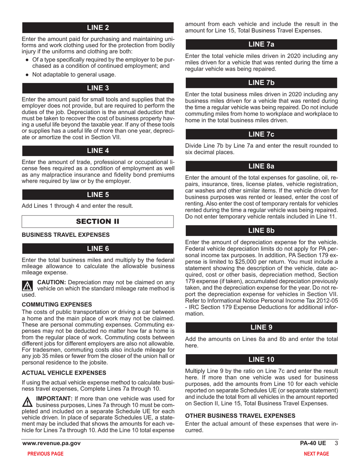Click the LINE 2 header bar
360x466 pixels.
point(98,28)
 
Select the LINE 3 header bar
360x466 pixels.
point(98,89)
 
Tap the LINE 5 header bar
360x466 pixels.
point(98,195)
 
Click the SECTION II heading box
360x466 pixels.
point(98,221)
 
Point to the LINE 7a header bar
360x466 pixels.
point(261,44)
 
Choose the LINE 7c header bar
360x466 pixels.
point(261,134)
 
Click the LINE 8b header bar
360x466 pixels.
point(261,230)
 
